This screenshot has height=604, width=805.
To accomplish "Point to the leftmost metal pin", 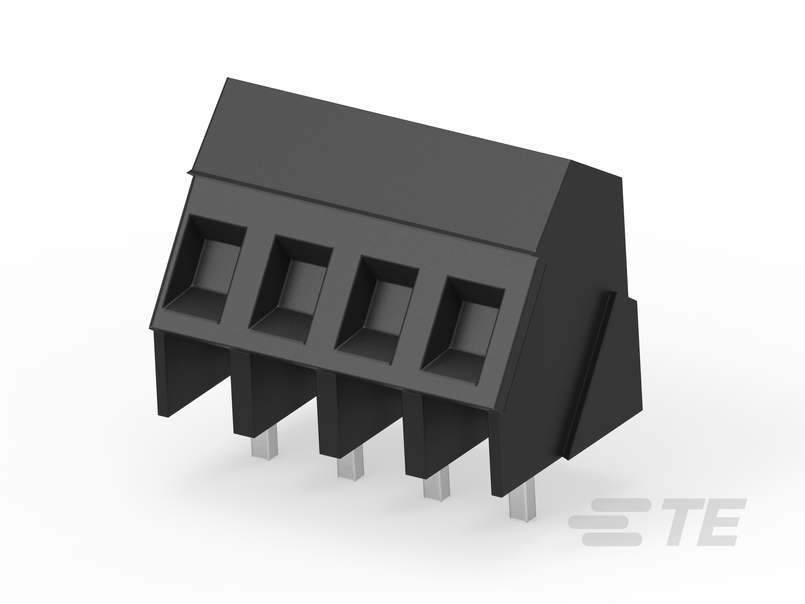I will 265,446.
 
